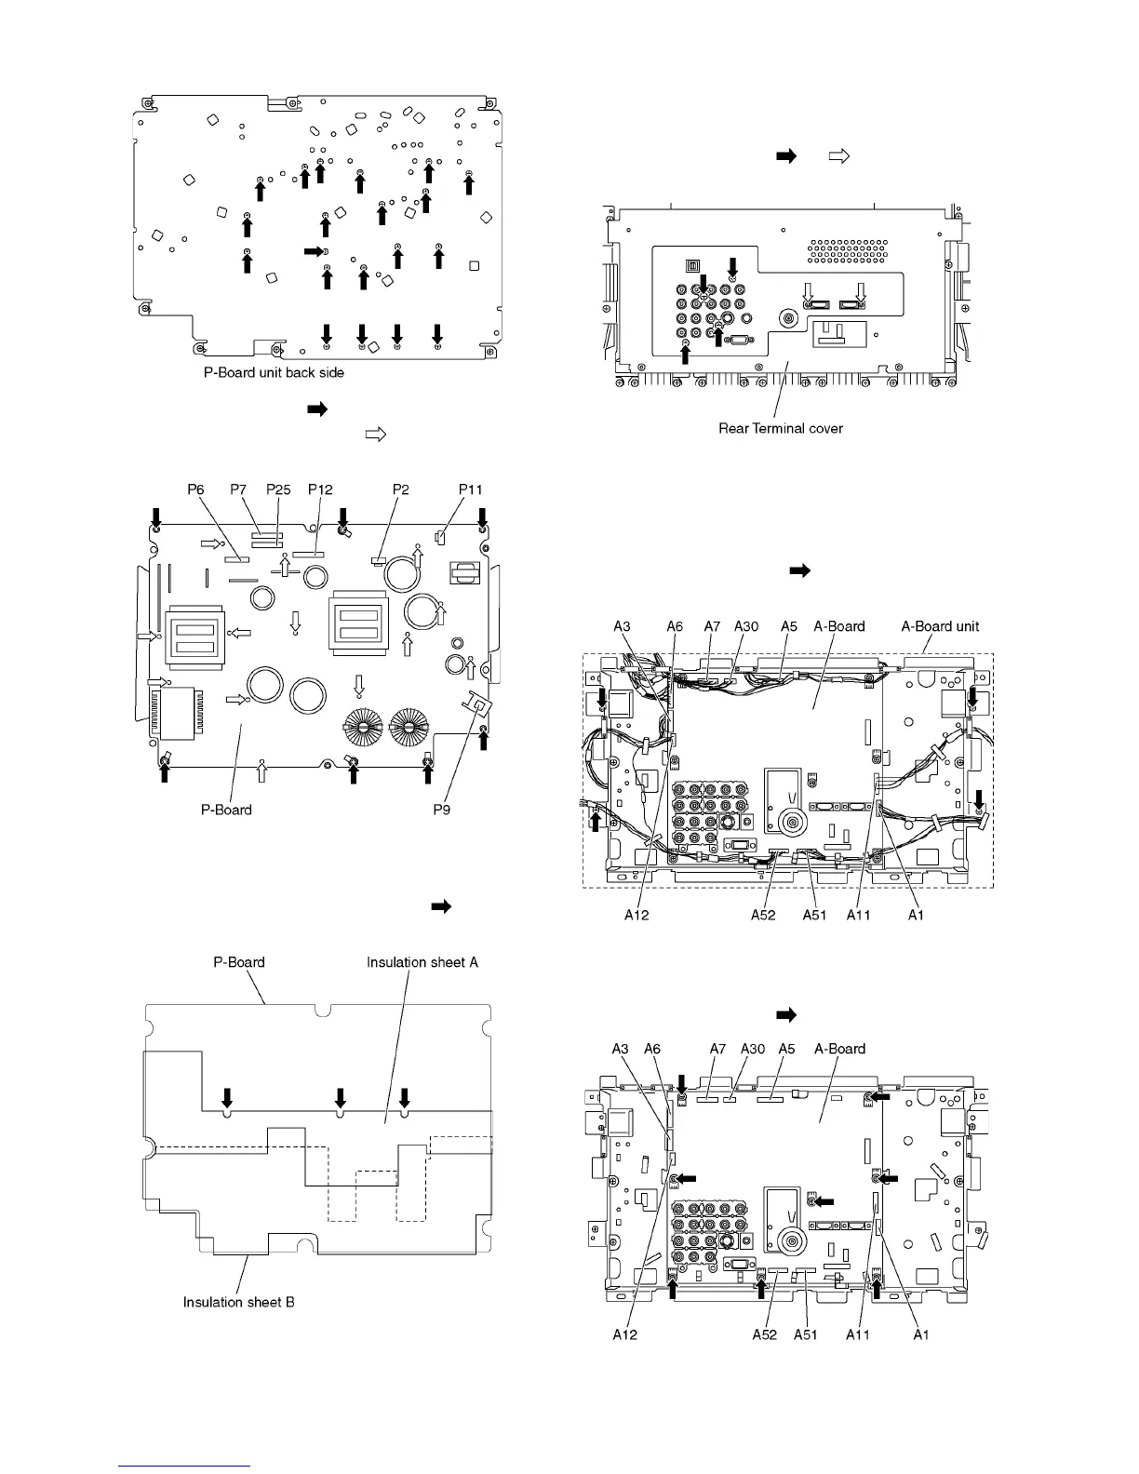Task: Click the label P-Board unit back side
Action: (x=274, y=372)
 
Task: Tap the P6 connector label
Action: (x=195, y=489)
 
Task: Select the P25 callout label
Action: (x=278, y=489)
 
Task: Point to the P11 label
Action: (x=471, y=489)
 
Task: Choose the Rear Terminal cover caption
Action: (x=781, y=428)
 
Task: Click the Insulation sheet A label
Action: (x=422, y=962)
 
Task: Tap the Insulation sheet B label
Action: (x=239, y=1301)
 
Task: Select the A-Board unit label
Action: (x=940, y=626)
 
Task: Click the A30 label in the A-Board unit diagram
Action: (x=746, y=626)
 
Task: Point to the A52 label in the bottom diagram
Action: (x=765, y=1334)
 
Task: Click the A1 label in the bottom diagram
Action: (x=920, y=1334)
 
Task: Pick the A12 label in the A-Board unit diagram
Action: (x=636, y=915)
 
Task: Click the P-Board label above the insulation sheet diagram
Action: (x=240, y=962)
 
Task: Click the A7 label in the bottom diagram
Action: (x=717, y=1049)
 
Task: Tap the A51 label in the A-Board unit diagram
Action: (x=815, y=915)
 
